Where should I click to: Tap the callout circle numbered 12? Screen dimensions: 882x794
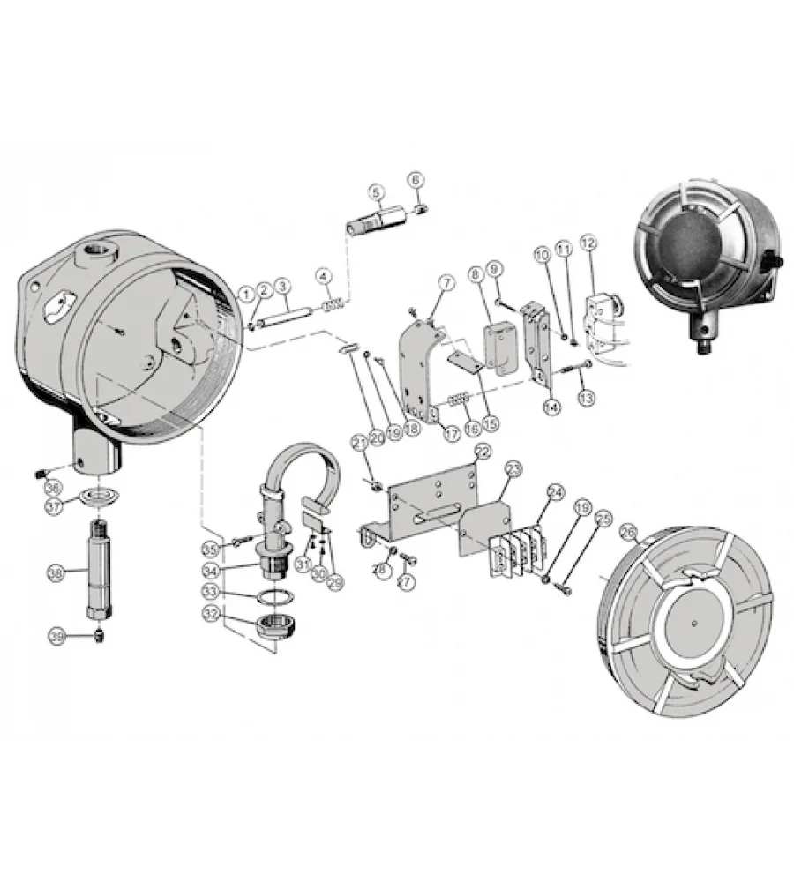[x=588, y=242]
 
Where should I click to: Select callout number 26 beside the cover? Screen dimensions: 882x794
[x=628, y=532]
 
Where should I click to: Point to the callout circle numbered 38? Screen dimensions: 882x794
[x=56, y=573]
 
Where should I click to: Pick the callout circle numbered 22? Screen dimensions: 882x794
[x=482, y=451]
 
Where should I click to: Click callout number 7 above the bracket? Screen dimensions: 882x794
[x=446, y=282]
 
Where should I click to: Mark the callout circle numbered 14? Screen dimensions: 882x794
[x=551, y=407]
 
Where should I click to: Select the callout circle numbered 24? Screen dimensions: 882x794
[x=555, y=491]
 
